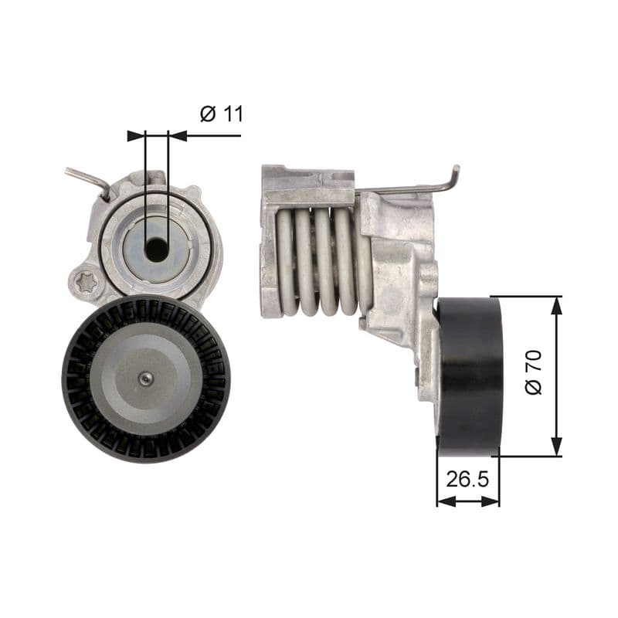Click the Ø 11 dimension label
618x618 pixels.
tap(222, 114)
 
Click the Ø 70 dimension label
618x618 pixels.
tap(534, 372)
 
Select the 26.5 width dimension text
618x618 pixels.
tap(467, 479)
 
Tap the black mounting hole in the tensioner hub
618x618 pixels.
tap(157, 249)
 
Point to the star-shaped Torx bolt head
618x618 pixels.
tap(87, 282)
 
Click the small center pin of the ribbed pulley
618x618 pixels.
tap(145, 378)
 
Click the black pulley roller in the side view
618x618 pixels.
tap(469, 375)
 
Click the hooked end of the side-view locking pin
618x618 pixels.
tap(455, 177)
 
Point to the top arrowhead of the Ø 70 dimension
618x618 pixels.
tap(556, 305)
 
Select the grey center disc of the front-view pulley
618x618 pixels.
tap(145, 378)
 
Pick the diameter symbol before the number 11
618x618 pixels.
tap(207, 114)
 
